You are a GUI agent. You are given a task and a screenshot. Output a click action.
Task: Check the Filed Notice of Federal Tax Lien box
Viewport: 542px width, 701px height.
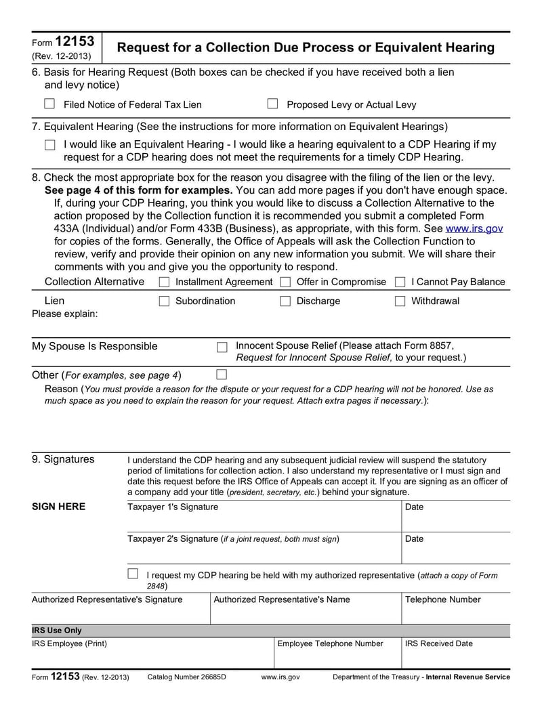tap(49, 104)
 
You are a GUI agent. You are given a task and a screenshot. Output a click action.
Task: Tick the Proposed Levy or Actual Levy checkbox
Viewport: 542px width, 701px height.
tap(272, 104)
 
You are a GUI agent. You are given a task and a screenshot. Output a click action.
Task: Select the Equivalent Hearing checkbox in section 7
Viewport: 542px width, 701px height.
tap(49, 145)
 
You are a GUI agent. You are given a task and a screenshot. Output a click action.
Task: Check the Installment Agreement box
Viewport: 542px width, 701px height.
tap(164, 282)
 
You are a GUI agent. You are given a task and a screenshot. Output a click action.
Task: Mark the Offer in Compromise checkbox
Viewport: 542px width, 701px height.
tap(285, 282)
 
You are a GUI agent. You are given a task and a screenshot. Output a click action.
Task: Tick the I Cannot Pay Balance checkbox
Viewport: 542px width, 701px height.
tap(400, 282)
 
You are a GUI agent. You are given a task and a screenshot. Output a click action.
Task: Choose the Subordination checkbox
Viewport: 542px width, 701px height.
tap(164, 301)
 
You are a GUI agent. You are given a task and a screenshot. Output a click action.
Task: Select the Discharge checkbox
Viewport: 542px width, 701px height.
tap(285, 301)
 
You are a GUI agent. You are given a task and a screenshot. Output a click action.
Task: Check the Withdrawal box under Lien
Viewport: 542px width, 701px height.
tap(400, 301)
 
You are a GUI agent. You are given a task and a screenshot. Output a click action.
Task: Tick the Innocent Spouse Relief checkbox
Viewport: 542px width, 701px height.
tap(222, 347)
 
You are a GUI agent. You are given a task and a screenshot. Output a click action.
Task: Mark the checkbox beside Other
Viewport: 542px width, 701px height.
tap(221, 374)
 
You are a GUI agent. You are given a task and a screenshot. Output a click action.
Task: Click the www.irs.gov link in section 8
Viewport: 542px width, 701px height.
tap(474, 228)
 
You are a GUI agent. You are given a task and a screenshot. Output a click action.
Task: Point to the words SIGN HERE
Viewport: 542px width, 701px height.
tap(59, 507)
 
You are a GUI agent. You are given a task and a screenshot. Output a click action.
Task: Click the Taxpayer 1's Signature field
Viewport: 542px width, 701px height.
tap(264, 520)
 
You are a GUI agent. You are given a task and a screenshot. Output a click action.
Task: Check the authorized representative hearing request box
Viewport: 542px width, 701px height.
tap(133, 574)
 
